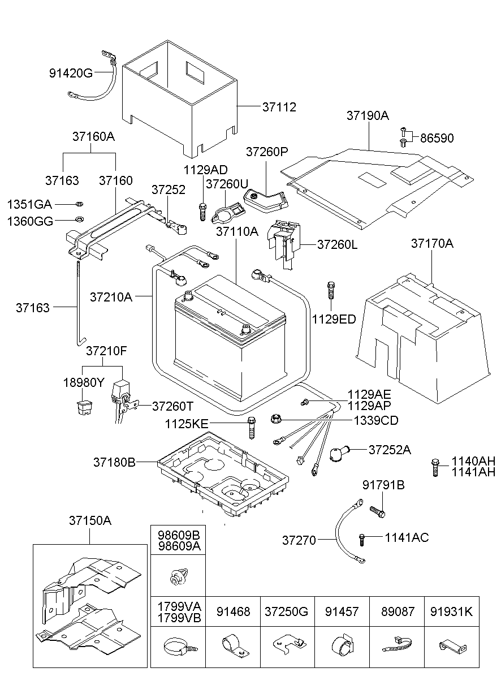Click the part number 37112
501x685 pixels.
[x=279, y=107]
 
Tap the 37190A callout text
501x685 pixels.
[x=368, y=116]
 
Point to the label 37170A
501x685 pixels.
[x=432, y=244]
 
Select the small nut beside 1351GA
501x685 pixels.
[x=79, y=204]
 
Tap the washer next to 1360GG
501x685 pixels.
[x=79, y=220]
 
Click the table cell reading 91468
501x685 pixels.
[x=232, y=611]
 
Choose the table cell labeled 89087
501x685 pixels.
[x=398, y=611]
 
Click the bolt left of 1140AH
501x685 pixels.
[x=434, y=466]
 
